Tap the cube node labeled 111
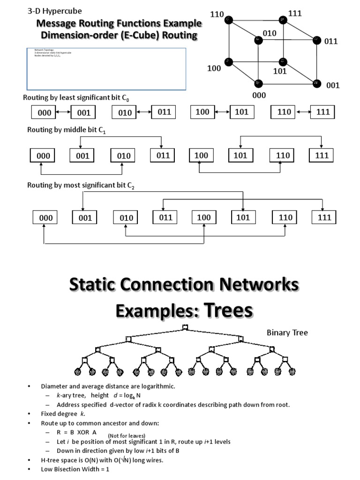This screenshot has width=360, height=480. point(282,20)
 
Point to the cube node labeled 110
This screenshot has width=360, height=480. point(228,19)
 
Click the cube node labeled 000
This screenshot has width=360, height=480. point(258,83)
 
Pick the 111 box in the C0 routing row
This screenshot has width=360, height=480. point(323,112)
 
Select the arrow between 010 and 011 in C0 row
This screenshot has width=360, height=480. point(144,112)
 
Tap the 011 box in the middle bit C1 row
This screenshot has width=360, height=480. point(163,155)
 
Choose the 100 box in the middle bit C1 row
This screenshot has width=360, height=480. point(202,155)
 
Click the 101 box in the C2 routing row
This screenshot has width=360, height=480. point(243,217)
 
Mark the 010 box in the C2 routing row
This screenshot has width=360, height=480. point(126,217)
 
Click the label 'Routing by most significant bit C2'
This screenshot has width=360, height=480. point(80,186)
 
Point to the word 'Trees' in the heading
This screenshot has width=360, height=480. point(220,310)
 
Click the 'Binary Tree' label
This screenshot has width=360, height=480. point(287,333)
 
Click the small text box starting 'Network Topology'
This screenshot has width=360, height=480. point(106,68)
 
